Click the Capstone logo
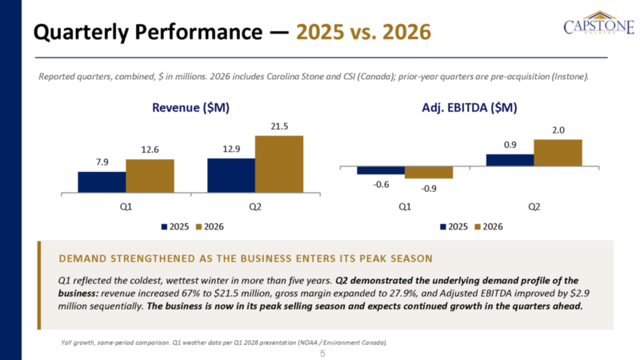pyautogui.click(x=598, y=23)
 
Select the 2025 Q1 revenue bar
pyautogui.click(x=102, y=182)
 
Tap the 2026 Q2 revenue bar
pyautogui.click(x=279, y=164)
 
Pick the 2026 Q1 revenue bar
pyautogui.click(x=150, y=176)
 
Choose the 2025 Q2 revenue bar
pyautogui.click(x=231, y=175)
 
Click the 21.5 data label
pyautogui.click(x=279, y=126)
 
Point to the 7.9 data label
pyautogui.click(x=102, y=162)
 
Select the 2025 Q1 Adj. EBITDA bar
pyautogui.click(x=381, y=170)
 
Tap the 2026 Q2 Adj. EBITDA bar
pyautogui.click(x=558, y=153)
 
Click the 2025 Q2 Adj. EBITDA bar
pyautogui.click(x=510, y=160)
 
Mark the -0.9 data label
pyautogui.click(x=429, y=189)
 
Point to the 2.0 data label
pyautogui.click(x=558, y=130)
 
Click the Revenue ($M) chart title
pyautogui.click(x=190, y=108)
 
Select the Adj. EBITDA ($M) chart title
pyautogui.click(x=470, y=108)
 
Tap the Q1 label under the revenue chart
pyautogui.click(x=126, y=207)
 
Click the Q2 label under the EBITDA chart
pyautogui.click(x=534, y=207)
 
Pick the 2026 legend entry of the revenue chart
pyautogui.click(x=210, y=227)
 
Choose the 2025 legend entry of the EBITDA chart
pyautogui.click(x=454, y=227)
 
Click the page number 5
pyautogui.click(x=322, y=354)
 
